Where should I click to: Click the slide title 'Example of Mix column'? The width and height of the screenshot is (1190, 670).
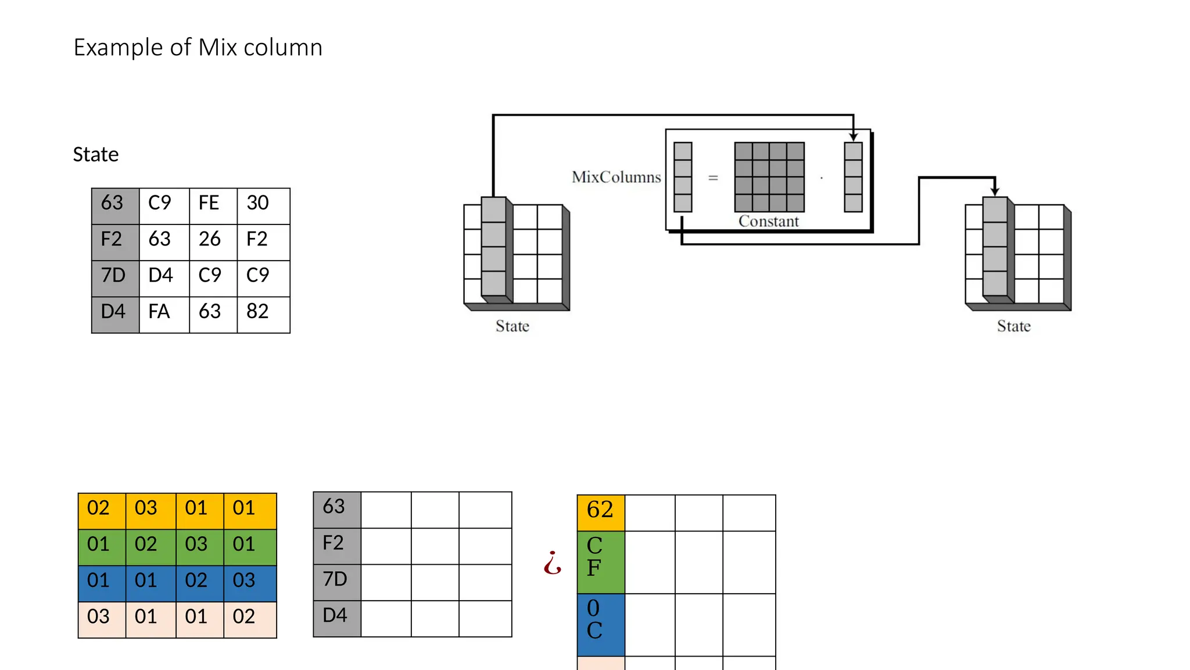point(198,48)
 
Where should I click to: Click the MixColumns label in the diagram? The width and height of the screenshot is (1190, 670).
point(616,177)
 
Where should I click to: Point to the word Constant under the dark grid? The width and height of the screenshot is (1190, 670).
point(768,222)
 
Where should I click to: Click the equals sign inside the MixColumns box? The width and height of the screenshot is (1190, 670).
point(713,178)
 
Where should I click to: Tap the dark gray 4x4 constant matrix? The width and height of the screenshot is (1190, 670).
point(769,177)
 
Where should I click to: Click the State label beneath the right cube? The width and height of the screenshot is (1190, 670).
point(1013,326)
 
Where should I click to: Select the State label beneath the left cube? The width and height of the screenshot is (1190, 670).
point(512,326)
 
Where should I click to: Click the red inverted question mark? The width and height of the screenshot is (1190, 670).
point(552,562)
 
